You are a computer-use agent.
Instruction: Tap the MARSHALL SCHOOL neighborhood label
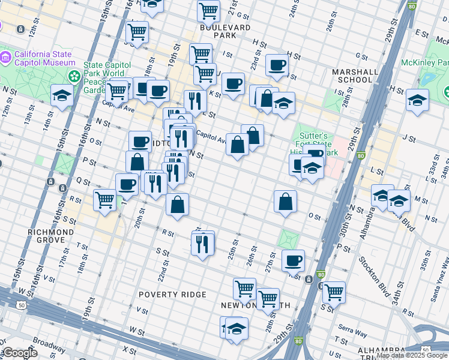point(355,76)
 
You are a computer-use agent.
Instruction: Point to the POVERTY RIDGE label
point(172,295)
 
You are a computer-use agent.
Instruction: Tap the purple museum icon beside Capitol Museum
point(5,57)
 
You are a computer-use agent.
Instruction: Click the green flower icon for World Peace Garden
point(74,76)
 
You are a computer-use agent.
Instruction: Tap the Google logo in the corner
point(20,353)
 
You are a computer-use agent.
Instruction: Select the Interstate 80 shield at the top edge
point(411,7)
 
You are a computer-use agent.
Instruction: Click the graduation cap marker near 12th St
point(62,95)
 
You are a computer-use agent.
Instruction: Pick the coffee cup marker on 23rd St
point(277,64)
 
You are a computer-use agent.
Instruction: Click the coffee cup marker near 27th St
point(292,260)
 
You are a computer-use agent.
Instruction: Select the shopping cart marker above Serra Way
point(334,292)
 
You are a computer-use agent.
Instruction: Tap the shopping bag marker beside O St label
point(286,201)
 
